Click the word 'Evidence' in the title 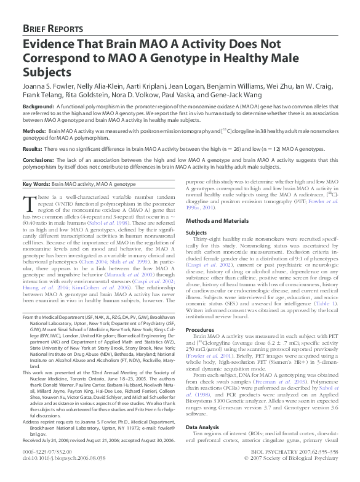point(50,44)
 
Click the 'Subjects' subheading point(196,233)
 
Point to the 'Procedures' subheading point(200,330)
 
